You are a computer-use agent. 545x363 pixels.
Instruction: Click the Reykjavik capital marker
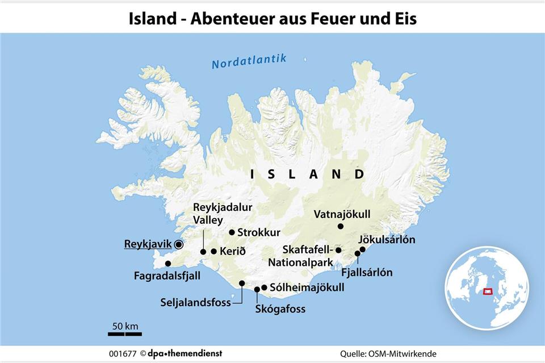179,244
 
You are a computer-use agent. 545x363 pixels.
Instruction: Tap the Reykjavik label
148,244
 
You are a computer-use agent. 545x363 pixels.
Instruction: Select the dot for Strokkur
232,232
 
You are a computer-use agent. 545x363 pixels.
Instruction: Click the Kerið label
233,251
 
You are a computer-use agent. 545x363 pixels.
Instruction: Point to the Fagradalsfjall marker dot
167,263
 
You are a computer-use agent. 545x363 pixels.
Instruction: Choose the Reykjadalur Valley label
223,213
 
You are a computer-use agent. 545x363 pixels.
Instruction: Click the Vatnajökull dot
341,226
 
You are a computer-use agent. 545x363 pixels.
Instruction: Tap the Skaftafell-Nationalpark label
300,256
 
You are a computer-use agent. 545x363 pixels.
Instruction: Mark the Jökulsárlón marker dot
363,249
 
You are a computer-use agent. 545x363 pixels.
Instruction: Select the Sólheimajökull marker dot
264,287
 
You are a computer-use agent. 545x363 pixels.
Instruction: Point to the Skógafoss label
280,309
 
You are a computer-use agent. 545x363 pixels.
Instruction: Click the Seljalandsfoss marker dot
242,283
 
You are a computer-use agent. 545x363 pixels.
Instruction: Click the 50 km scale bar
125,333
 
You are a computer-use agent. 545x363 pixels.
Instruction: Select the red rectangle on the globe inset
487,291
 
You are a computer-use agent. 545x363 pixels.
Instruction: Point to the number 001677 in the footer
123,353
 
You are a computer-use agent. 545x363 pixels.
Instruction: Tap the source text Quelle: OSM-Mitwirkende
388,353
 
